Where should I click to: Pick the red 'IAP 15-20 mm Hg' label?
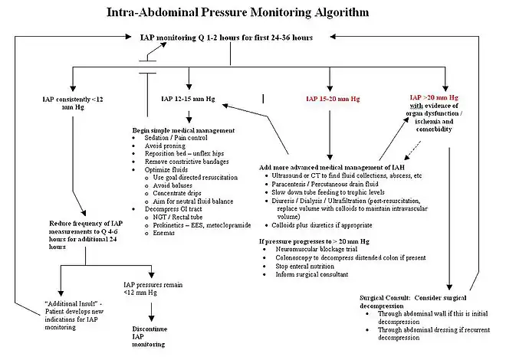[330, 99]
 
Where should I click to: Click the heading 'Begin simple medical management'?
[182, 130]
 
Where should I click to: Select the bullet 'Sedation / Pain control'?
[177, 138]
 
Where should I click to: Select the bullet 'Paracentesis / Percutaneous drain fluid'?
[327, 185]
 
